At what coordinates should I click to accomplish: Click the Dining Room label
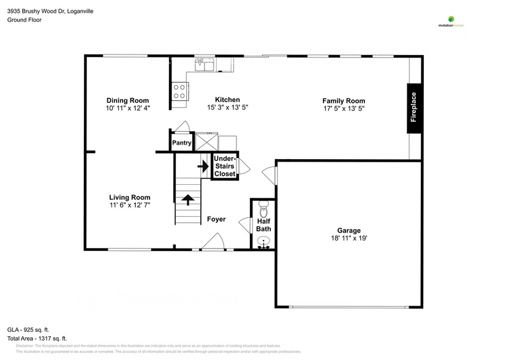tap(127, 100)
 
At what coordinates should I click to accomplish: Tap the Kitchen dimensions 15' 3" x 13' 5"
tap(227, 107)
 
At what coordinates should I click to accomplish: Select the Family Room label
tap(344, 100)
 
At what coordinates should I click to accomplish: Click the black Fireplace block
tap(414, 108)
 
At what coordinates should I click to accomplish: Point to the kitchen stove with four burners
tap(179, 92)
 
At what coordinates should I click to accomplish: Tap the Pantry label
tap(182, 143)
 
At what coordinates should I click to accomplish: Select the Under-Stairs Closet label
tap(225, 166)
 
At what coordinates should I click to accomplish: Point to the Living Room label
tap(129, 197)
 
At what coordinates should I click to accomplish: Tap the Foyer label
tap(216, 219)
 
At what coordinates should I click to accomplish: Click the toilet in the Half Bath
tap(264, 209)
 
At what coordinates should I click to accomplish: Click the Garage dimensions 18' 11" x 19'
tap(349, 238)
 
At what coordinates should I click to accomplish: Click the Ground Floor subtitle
tap(24, 20)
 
